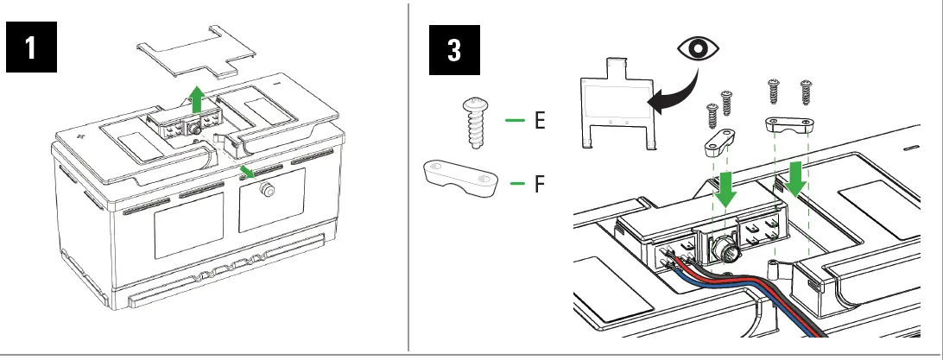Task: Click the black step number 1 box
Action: [32, 48]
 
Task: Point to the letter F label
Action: [540, 183]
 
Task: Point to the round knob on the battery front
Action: [268, 190]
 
